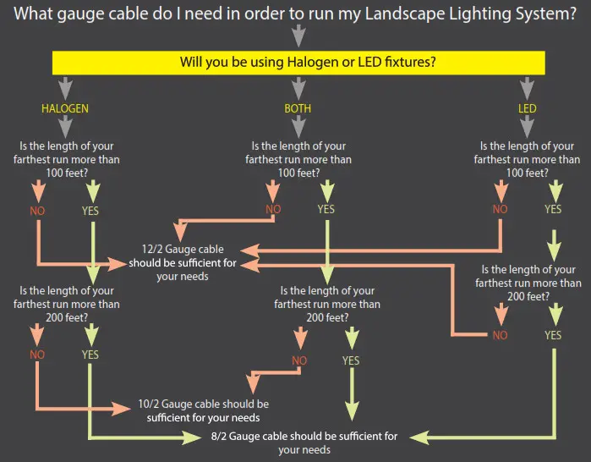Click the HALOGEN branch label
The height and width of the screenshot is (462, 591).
click(x=64, y=109)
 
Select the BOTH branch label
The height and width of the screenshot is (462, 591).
click(x=296, y=109)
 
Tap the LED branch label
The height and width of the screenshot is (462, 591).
click(x=527, y=109)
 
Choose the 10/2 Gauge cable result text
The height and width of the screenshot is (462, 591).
click(x=203, y=410)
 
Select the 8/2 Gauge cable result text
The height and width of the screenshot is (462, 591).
click(x=304, y=443)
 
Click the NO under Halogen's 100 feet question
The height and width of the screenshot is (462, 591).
click(x=36, y=210)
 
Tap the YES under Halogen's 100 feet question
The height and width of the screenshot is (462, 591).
click(x=90, y=210)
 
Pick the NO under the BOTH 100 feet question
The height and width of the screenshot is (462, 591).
click(x=272, y=210)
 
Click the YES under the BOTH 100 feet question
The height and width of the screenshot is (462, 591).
click(x=326, y=210)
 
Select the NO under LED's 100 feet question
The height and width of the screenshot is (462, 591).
click(x=500, y=210)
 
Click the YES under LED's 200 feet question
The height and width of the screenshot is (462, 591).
click(x=553, y=335)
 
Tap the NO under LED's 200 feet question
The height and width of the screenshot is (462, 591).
click(x=500, y=335)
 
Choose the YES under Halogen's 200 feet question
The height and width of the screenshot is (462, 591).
click(x=90, y=355)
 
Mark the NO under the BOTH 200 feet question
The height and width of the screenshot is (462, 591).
click(x=299, y=360)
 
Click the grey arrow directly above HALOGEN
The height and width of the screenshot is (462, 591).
click(x=64, y=88)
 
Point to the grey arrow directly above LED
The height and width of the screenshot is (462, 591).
click(x=527, y=88)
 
